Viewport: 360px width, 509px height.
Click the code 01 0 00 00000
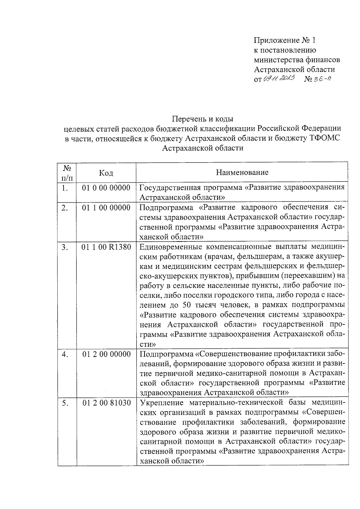(x=106, y=188)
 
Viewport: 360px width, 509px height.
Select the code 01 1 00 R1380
(x=106, y=247)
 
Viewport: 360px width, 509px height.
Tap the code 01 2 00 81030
(x=106, y=403)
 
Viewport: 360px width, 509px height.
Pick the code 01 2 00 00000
(x=106, y=354)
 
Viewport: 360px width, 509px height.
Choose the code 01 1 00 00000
(x=106, y=208)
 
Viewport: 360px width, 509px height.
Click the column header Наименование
(x=242, y=172)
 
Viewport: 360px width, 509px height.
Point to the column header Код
(x=106, y=173)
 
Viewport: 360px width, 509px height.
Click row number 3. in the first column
(x=65, y=247)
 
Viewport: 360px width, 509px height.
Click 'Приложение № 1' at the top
(x=285, y=40)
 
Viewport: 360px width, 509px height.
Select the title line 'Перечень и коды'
(x=202, y=119)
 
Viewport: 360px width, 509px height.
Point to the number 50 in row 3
(x=187, y=305)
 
